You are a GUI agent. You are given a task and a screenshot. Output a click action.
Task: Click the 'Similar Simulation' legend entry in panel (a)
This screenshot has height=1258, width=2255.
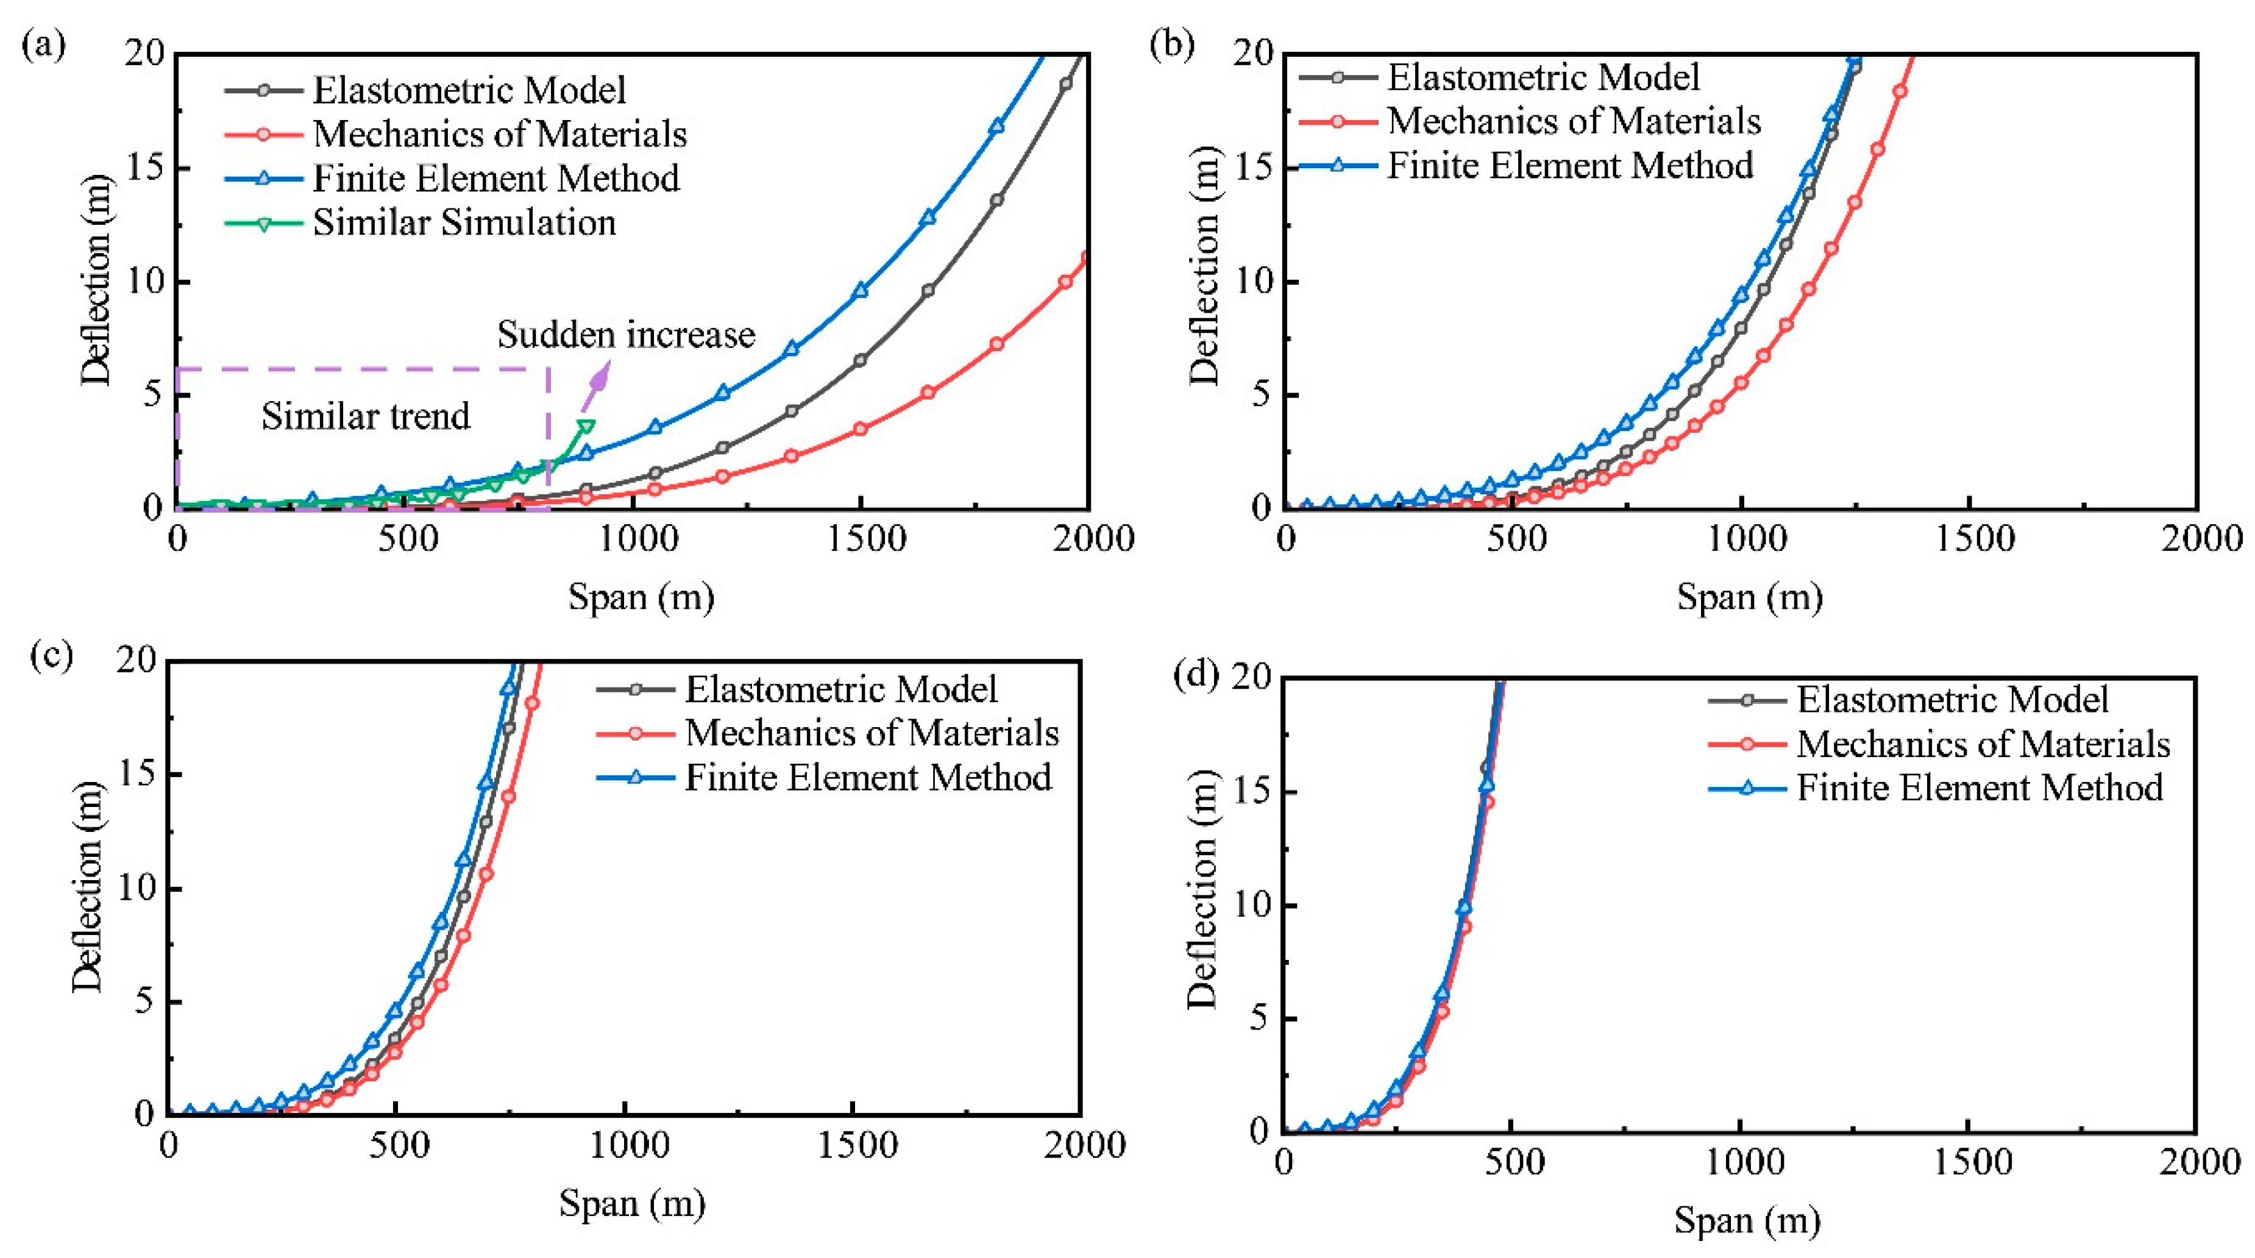point(464,222)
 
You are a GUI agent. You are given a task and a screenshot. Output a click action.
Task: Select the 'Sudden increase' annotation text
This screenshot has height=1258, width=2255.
point(625,335)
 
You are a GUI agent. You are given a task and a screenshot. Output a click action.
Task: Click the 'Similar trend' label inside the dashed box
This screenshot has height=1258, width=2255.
point(365,416)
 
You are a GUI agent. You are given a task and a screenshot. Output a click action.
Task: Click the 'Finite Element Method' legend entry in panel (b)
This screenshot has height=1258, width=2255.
point(1569,165)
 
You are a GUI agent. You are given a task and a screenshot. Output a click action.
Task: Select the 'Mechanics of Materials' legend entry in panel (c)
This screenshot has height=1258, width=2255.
point(871,733)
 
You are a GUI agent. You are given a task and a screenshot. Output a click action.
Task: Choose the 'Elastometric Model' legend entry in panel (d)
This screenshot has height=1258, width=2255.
point(1952,700)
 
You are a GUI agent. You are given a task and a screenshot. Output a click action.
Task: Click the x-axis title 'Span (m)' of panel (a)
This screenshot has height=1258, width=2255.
point(641,597)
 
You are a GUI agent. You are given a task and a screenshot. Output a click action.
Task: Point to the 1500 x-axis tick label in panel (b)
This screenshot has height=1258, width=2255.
point(1974,538)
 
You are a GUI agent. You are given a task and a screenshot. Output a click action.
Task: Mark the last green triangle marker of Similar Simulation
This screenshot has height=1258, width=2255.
point(586,426)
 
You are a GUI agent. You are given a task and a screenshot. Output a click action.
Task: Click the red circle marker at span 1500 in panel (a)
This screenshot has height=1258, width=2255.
point(861,429)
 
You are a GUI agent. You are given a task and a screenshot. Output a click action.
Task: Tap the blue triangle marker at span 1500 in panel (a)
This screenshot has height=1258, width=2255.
point(861,290)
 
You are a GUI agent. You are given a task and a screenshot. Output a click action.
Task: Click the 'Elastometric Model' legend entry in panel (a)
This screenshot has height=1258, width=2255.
point(469,90)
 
